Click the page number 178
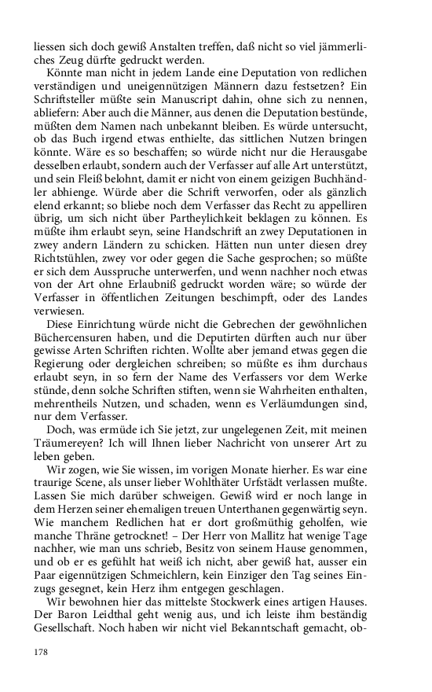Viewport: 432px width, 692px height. coord(42,651)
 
